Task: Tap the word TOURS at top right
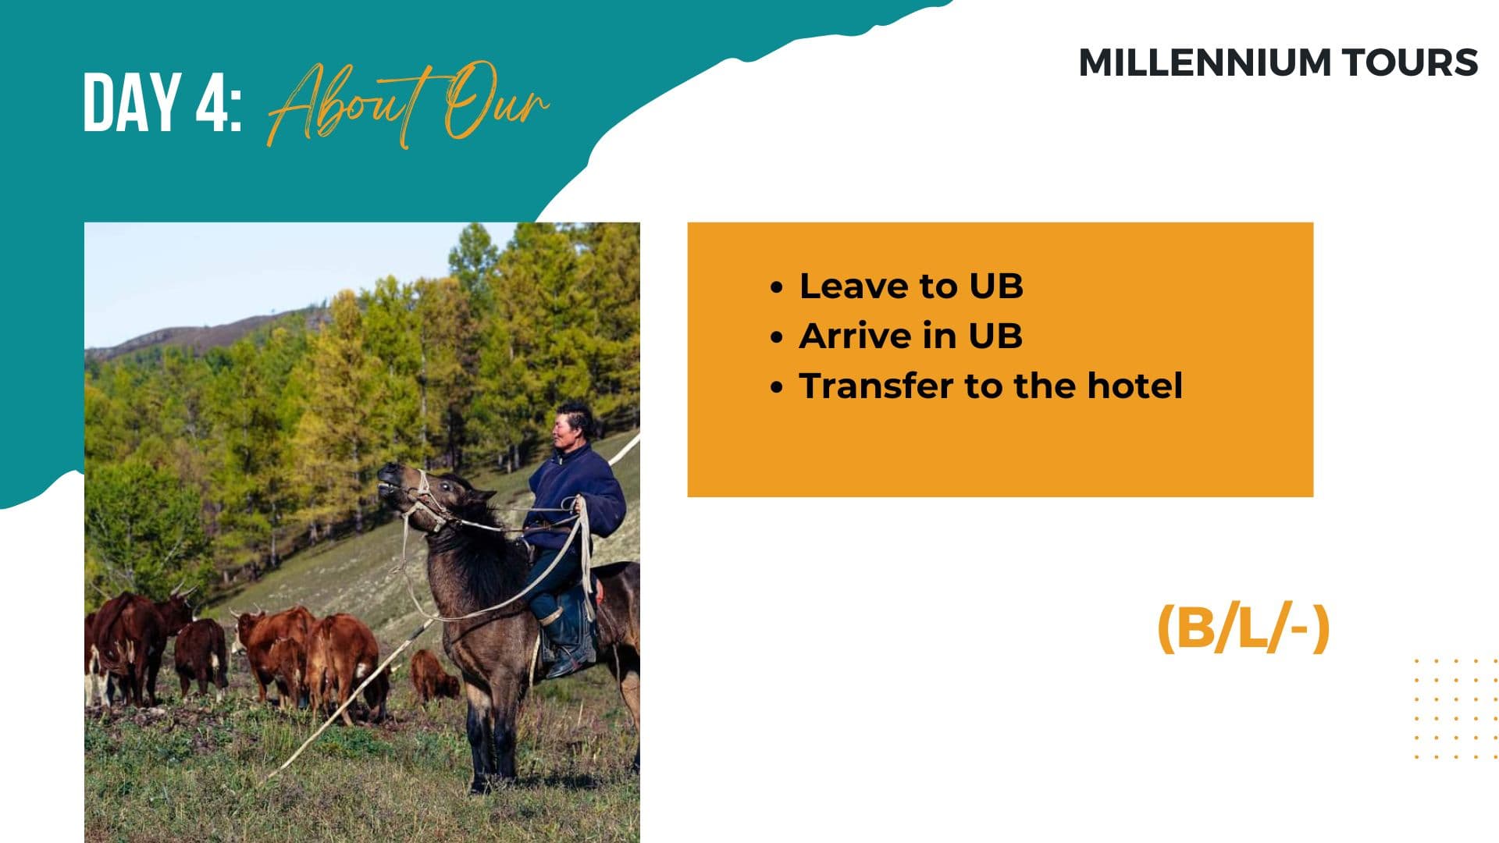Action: coord(1409,62)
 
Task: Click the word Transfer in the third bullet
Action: coord(878,386)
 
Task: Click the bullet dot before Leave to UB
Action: coord(776,287)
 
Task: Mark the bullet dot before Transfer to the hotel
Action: coord(776,387)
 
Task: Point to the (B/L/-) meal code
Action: coord(1243,628)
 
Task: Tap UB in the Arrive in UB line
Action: coord(995,336)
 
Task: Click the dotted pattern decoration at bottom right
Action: coord(1456,708)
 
